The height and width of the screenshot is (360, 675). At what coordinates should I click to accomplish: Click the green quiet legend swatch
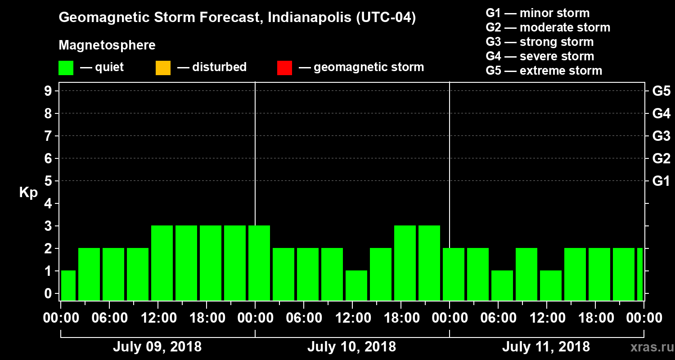[66, 67]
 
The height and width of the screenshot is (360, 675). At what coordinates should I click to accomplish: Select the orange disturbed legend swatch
[163, 67]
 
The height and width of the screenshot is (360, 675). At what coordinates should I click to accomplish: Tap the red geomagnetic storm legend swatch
[284, 67]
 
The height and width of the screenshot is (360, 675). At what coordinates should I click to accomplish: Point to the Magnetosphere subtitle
[107, 45]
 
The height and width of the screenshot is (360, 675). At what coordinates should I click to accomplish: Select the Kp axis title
[28, 193]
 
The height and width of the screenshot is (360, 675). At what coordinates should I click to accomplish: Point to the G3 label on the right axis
[661, 136]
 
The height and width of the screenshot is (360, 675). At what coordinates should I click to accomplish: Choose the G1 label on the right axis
[661, 181]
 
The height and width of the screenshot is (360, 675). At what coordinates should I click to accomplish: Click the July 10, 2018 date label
[351, 347]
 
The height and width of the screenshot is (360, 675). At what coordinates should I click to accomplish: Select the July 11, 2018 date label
[546, 347]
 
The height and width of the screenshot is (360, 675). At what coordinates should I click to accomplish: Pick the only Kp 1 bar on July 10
[356, 285]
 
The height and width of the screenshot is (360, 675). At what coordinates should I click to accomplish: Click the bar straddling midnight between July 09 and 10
[259, 263]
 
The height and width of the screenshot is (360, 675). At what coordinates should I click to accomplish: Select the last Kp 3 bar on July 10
[429, 263]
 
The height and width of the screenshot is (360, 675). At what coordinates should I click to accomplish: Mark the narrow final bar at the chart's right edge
[640, 274]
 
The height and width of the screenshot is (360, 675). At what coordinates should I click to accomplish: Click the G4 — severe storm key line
[540, 56]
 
